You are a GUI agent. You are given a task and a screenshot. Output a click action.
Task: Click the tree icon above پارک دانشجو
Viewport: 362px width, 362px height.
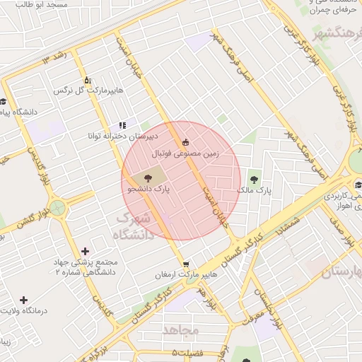pos(148,178)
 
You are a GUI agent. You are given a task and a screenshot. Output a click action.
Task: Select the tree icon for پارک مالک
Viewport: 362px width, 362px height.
pos(255,179)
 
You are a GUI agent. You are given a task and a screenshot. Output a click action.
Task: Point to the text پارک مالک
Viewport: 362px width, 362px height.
pos(254,190)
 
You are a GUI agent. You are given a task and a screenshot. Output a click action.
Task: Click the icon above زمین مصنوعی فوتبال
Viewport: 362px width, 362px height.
pos(186,141)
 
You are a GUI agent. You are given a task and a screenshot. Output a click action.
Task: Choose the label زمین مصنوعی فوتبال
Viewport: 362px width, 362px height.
pos(186,152)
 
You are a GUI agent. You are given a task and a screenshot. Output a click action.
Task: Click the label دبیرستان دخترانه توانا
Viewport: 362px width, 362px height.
pos(122,135)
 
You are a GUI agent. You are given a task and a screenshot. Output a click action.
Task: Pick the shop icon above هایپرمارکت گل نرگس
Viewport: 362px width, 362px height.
pos(87,80)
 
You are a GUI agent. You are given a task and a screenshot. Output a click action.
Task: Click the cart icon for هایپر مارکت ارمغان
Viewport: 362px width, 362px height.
pos(185,264)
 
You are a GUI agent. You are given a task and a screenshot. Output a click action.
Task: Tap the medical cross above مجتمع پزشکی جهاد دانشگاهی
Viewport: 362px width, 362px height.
pos(86,251)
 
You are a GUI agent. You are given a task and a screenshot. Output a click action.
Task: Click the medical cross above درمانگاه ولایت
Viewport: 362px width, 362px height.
pos(24,300)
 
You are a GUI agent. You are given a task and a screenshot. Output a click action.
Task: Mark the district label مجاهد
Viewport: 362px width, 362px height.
pos(182,330)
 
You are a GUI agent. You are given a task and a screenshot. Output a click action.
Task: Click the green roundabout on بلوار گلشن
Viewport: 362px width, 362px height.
pos(57,209)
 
